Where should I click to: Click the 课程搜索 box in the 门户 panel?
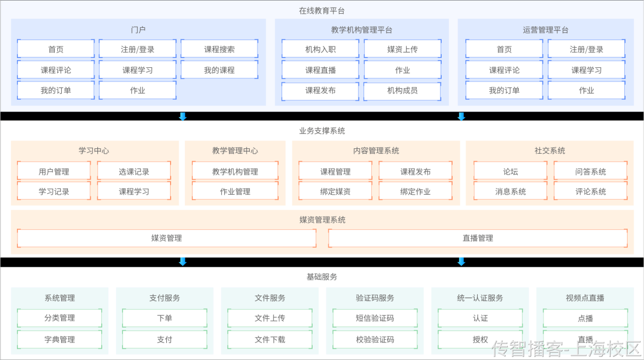[x=219, y=49]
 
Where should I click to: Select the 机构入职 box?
[x=320, y=49]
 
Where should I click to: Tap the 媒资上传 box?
[x=402, y=49]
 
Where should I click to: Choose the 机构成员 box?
[x=402, y=91]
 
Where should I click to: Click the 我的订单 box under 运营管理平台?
[x=504, y=91]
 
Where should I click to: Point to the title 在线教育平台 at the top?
[x=322, y=10]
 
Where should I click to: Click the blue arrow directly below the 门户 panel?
[x=183, y=116]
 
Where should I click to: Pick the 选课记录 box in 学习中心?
[x=134, y=172]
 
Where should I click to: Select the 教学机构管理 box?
[x=235, y=172]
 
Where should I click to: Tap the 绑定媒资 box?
[x=335, y=191]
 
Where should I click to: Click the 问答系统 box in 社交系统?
[x=590, y=172]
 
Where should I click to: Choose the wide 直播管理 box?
[x=478, y=238]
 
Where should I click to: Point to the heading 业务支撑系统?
[x=322, y=131]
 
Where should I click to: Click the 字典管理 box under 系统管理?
[x=60, y=339]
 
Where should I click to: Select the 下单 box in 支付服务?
[x=165, y=318]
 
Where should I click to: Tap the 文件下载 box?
[x=270, y=339]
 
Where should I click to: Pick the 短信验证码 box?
[x=374, y=318]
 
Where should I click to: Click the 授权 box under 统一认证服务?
[x=480, y=339]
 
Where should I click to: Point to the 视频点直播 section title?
[x=585, y=298]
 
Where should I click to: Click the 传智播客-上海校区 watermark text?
[x=566, y=349]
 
